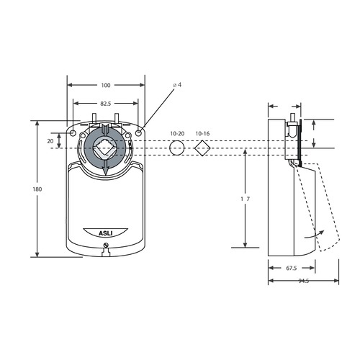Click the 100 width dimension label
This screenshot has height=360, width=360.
point(106,85)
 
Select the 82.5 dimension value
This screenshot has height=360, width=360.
point(106,104)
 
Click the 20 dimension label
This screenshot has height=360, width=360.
point(50,141)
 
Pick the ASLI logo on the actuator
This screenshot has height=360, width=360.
point(106,232)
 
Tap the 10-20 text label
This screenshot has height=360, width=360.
point(177,134)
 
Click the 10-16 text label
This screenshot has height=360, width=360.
point(202,134)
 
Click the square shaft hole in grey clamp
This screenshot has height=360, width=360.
point(105,149)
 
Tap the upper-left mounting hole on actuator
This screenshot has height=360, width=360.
point(73,132)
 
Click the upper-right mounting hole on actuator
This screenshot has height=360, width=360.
point(138,132)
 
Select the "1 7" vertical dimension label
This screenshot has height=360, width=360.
point(246,198)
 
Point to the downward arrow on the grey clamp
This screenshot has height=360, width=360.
point(106,168)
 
